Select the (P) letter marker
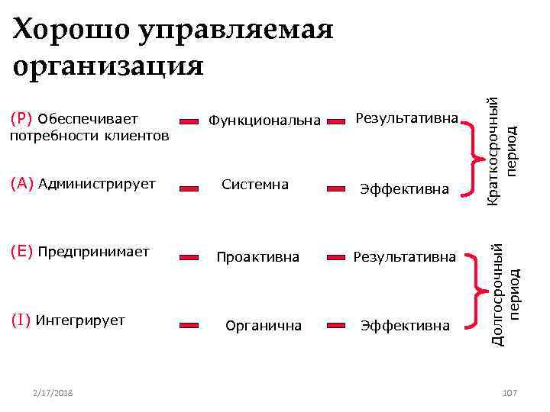pyautogui.click(x=22, y=119)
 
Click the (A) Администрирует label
pyautogui.click(x=83, y=184)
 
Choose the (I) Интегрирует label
pyautogui.click(x=68, y=320)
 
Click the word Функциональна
pyautogui.click(x=265, y=121)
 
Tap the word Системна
pyautogui.click(x=255, y=185)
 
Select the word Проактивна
pyautogui.click(x=257, y=257)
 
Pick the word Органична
pyautogui.click(x=264, y=326)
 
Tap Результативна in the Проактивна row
pyautogui.click(x=405, y=257)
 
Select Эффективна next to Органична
pyautogui.click(x=405, y=326)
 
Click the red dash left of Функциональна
pyautogui.click(x=189, y=121)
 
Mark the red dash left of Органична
pyautogui.click(x=189, y=325)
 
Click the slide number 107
pyautogui.click(x=510, y=392)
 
